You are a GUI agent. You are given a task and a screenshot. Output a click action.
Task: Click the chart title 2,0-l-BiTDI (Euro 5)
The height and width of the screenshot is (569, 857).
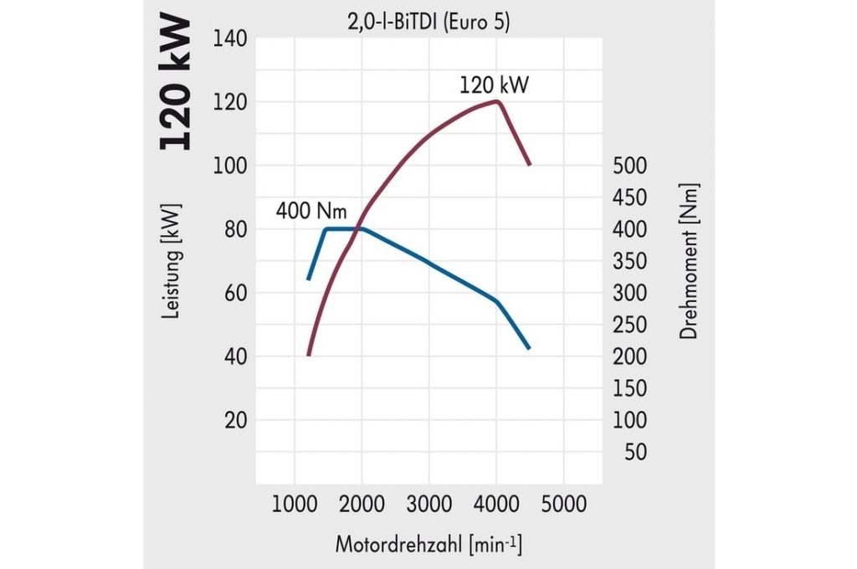(428, 23)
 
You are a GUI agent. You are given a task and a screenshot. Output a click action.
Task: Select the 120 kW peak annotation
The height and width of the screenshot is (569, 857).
(494, 85)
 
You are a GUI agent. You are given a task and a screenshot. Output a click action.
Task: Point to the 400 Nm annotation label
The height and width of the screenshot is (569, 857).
(311, 211)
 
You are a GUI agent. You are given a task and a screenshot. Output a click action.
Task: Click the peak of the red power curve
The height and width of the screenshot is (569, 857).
(498, 101)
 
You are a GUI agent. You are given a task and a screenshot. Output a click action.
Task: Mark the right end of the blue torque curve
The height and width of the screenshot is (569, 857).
(529, 348)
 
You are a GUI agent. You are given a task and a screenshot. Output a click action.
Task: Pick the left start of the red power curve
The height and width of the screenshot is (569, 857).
(309, 356)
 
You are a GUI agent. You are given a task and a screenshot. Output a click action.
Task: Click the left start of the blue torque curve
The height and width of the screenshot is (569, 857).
(309, 279)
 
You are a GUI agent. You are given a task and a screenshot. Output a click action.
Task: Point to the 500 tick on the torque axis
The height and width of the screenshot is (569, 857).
(630, 166)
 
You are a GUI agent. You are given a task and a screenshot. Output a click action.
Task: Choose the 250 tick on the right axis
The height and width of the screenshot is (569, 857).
(630, 325)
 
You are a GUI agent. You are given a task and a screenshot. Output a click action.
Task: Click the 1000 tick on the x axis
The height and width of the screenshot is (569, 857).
(294, 505)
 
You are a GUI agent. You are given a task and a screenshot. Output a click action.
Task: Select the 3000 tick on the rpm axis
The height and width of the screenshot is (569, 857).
(428, 505)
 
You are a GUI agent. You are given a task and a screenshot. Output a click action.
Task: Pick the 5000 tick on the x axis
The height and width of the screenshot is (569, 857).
(563, 505)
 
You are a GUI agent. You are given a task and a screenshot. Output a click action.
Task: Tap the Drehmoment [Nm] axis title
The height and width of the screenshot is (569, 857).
(689, 261)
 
